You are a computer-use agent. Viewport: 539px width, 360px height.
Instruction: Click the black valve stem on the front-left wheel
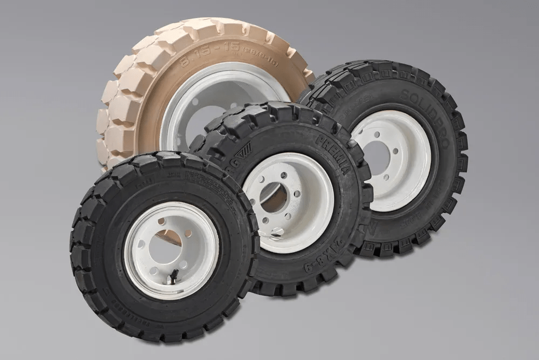[x=174, y=276]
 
